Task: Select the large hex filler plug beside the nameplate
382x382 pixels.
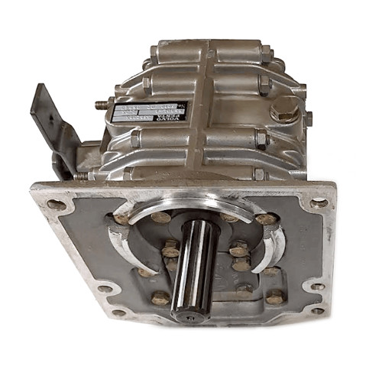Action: (284, 111)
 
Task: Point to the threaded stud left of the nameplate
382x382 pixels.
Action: (102, 104)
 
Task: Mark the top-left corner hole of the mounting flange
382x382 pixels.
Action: (56, 204)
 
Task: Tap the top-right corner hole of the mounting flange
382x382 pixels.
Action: (318, 202)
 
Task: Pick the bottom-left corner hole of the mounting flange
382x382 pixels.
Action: (118, 312)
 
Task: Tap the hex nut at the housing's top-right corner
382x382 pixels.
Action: (265, 53)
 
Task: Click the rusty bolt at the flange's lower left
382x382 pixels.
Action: (160, 297)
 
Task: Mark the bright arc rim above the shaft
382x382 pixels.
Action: (191, 201)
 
